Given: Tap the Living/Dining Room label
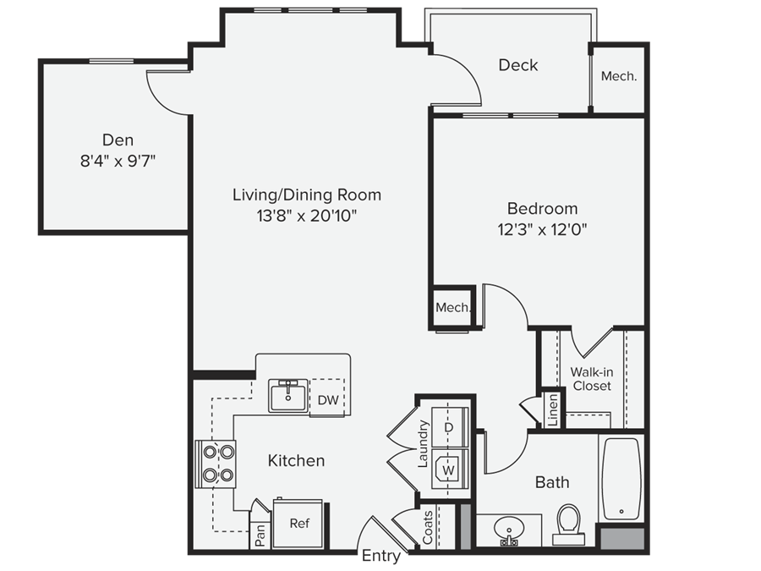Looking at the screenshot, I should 307,195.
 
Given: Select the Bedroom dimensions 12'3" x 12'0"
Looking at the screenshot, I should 542,228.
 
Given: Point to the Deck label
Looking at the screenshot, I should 517,65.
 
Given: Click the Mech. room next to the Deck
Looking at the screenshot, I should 618,76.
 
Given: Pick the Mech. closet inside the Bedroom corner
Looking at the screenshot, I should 452,308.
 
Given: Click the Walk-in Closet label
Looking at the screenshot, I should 592,378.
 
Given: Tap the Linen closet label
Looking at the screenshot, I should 551,409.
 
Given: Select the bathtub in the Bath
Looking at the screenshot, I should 621,478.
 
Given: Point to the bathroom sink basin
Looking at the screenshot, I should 509,530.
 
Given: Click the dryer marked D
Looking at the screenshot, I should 448,427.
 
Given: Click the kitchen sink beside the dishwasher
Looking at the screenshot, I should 289,395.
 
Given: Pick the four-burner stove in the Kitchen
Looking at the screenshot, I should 216,463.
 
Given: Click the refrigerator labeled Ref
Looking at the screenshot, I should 298,524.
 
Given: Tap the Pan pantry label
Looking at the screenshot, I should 261,537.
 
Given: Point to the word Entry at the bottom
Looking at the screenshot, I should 380,556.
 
